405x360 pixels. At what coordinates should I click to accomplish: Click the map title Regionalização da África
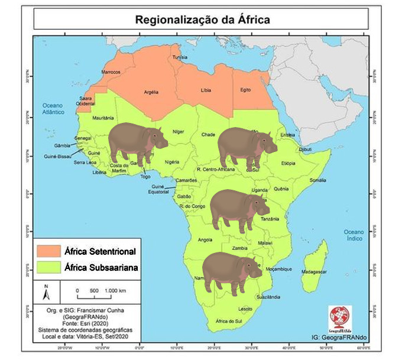(202, 18)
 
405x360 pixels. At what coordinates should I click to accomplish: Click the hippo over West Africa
(137, 142)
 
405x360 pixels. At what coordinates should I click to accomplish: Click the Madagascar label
(314, 271)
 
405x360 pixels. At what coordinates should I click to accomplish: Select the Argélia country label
(153, 92)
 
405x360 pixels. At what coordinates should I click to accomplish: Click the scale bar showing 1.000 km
(98, 294)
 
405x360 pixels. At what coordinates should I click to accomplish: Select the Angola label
(204, 239)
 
